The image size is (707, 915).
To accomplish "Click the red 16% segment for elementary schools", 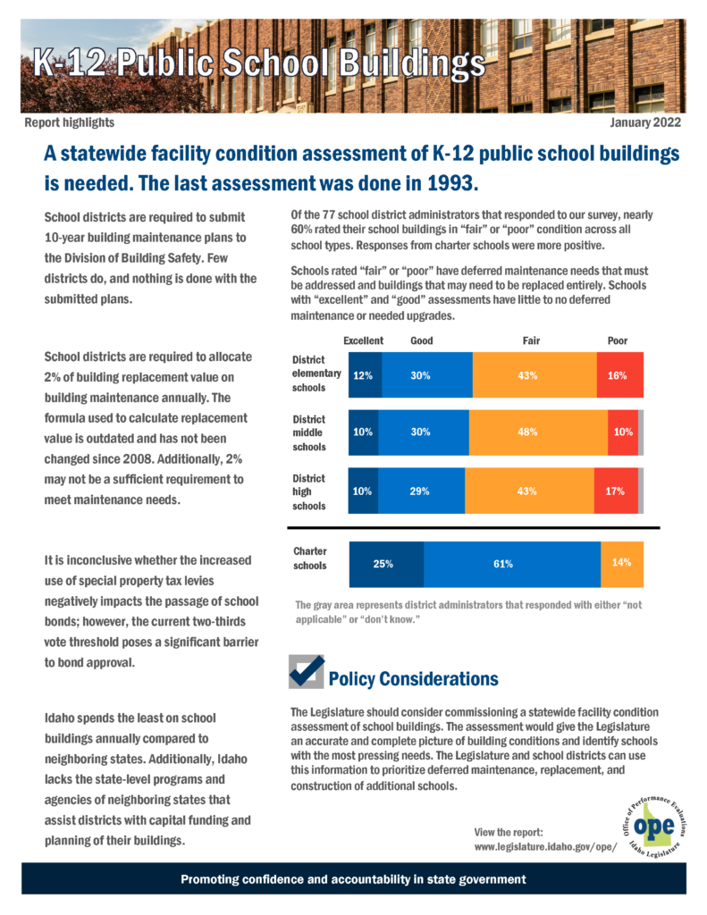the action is pyautogui.click(x=620, y=375).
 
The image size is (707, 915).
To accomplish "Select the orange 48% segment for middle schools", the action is pyautogui.click(x=538, y=432).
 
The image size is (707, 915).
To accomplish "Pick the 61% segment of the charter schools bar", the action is pyautogui.click(x=512, y=565).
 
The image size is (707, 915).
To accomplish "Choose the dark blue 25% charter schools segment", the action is pyautogui.click(x=386, y=565).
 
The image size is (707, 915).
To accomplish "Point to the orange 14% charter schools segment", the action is pyautogui.click(x=622, y=565).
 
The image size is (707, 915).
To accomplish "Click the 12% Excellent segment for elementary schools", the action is pyautogui.click(x=366, y=375).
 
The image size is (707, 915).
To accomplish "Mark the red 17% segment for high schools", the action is pyautogui.click(x=616, y=491).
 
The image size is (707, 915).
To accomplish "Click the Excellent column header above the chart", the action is pyautogui.click(x=363, y=340).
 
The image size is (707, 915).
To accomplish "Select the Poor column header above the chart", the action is pyautogui.click(x=617, y=340).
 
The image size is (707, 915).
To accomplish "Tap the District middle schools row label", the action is pyautogui.click(x=309, y=433).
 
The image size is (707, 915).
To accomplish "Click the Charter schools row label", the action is pyautogui.click(x=310, y=558).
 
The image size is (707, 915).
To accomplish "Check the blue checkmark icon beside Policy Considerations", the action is pyautogui.click(x=307, y=671).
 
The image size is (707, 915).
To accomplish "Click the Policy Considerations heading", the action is pyautogui.click(x=413, y=679).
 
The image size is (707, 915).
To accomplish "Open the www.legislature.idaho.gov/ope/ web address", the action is pyautogui.click(x=545, y=847).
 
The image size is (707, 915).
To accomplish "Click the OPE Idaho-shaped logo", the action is pyautogui.click(x=654, y=827).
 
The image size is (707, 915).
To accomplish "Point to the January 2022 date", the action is pyautogui.click(x=645, y=122).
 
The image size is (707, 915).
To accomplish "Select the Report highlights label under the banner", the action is pyautogui.click(x=70, y=122).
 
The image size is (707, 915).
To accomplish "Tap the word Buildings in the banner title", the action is pyautogui.click(x=412, y=64).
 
